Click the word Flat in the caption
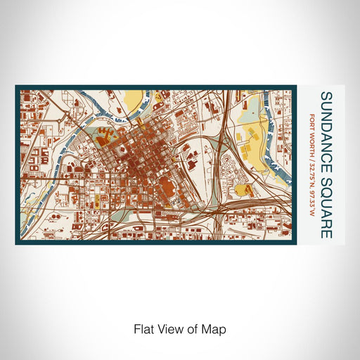point(143,328)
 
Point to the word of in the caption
point(194,328)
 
